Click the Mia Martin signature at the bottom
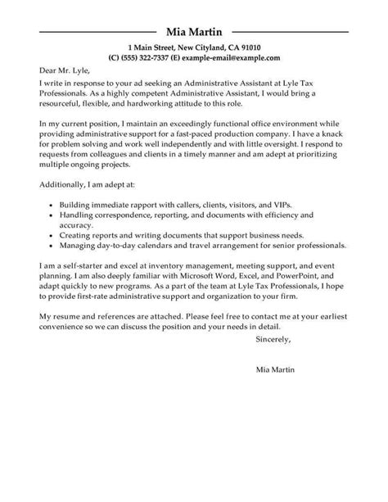click(271, 393)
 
